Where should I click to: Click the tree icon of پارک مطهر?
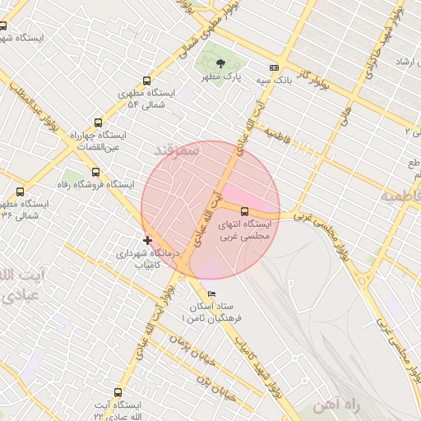point(219,63)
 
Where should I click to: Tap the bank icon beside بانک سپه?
point(274,68)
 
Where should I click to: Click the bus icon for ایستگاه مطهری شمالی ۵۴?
point(146,81)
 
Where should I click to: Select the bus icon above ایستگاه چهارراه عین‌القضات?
point(99,121)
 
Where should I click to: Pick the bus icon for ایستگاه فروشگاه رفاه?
point(96,172)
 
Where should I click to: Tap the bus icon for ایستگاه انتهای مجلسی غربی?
point(243,210)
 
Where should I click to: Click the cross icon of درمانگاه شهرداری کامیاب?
point(147,240)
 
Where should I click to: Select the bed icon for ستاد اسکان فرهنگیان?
point(212,294)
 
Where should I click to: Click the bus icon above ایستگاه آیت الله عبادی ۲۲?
point(118,393)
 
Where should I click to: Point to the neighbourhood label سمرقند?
point(176,150)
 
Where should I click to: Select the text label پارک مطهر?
point(220,76)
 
